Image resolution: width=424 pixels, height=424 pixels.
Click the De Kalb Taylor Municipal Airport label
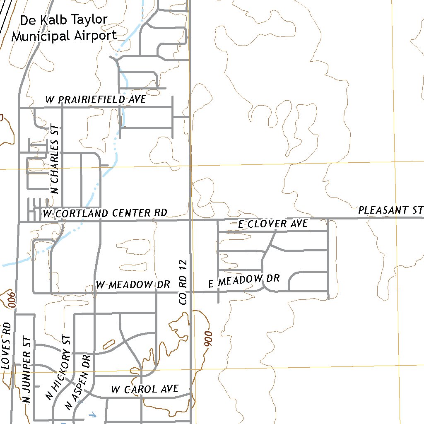click(64, 27)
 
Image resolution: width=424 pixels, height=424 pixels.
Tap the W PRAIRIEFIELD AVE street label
click(96, 99)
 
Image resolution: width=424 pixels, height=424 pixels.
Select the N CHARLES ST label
click(55, 160)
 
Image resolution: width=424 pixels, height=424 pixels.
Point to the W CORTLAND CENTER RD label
click(105, 213)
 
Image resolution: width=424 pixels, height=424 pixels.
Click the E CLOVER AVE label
click(273, 224)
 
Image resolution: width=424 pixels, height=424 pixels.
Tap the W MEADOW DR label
click(133, 284)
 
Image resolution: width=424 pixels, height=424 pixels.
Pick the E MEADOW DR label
click(244, 280)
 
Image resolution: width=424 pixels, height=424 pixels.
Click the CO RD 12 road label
click(184, 282)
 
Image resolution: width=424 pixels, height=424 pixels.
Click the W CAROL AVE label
click(145, 389)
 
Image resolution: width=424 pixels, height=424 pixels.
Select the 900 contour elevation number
click(208, 339)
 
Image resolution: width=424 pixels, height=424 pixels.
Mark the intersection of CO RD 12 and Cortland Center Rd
click(190, 221)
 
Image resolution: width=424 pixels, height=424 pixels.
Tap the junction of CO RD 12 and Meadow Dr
click(190, 292)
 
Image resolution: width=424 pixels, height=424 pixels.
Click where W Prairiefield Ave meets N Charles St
click(62, 108)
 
